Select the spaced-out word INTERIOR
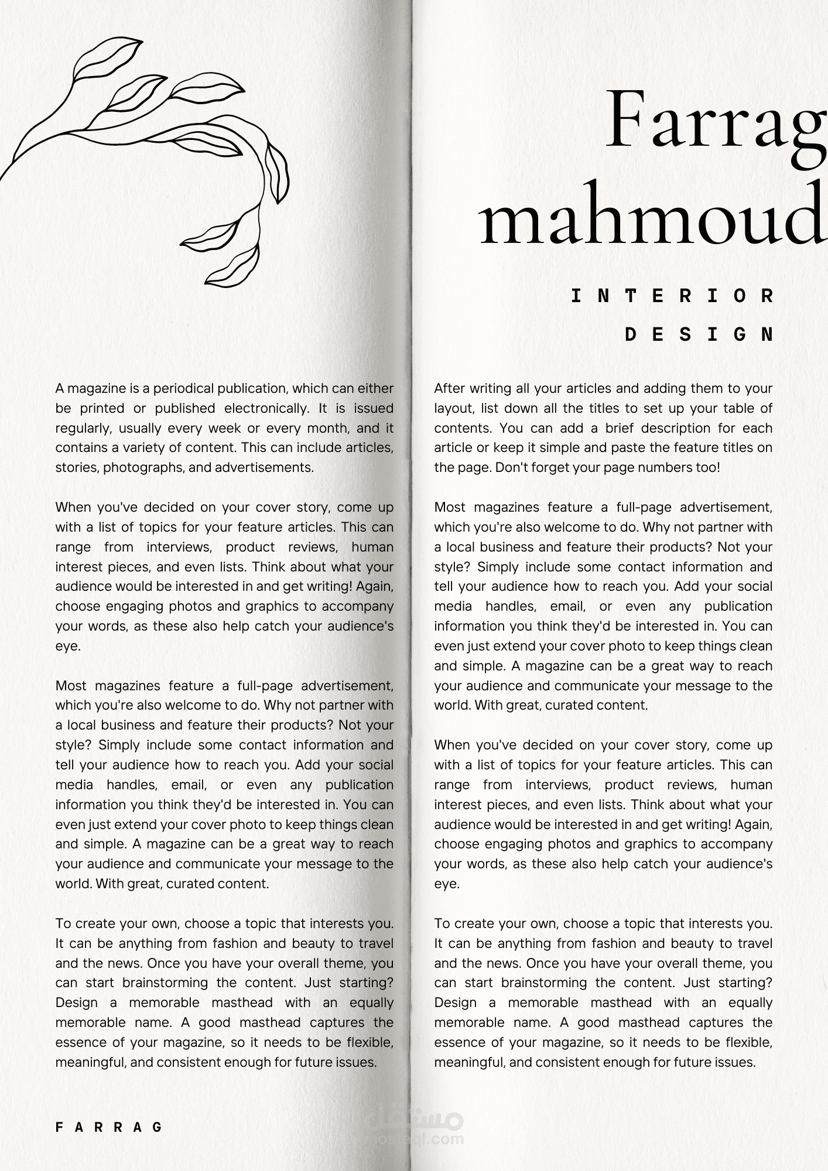tap(672, 296)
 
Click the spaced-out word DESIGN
tap(700, 335)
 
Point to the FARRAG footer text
tap(109, 1127)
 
